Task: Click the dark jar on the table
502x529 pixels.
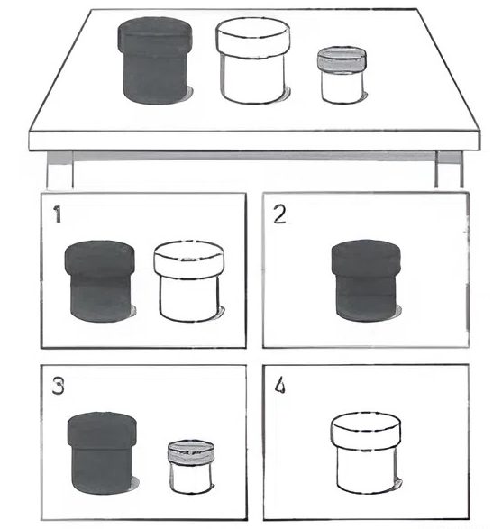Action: click(x=155, y=60)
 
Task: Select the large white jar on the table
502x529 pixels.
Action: click(x=253, y=60)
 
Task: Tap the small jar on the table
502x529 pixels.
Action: click(x=342, y=75)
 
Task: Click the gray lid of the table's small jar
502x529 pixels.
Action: click(x=342, y=59)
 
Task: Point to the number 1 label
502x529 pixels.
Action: click(x=58, y=214)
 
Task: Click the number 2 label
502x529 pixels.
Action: click(x=279, y=214)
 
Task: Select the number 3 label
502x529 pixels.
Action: click(x=58, y=386)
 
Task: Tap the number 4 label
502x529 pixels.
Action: click(x=279, y=386)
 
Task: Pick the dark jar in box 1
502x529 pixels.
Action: click(x=100, y=281)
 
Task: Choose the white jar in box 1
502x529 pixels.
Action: click(x=189, y=281)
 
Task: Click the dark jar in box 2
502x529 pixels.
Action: click(x=367, y=280)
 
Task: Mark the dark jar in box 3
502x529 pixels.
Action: click(x=103, y=452)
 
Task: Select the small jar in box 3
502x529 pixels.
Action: click(x=191, y=467)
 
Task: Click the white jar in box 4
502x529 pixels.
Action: click(x=366, y=452)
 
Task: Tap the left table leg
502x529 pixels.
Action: click(x=59, y=169)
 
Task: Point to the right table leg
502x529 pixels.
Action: click(x=449, y=169)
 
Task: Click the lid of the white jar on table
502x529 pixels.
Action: click(x=253, y=37)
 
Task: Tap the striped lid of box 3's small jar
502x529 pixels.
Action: click(x=191, y=451)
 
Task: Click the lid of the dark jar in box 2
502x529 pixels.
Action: click(x=367, y=257)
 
